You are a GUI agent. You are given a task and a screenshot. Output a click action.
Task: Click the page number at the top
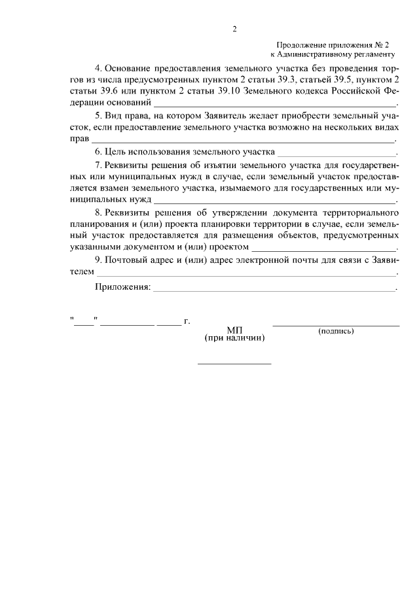pos(234,29)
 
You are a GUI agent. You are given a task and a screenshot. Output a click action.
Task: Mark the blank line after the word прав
pos(242,139)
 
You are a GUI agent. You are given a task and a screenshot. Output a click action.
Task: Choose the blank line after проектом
pos(324,249)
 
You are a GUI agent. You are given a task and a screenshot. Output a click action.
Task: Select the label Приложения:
pos(122,287)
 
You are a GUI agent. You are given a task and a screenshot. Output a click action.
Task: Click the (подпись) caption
pos(336,331)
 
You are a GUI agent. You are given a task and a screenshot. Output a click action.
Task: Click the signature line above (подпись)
pos(336,325)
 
